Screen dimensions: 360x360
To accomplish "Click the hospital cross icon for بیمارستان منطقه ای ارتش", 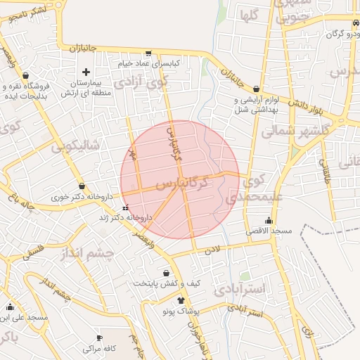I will (86, 72).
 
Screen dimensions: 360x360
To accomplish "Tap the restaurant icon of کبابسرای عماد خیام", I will (148, 53).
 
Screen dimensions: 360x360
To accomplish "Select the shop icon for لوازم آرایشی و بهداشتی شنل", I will (255, 89).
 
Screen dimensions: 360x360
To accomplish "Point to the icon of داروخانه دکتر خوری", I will (82, 186).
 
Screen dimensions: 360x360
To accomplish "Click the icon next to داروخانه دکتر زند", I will (125, 208).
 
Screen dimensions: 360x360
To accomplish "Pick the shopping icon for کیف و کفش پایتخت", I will (166, 273).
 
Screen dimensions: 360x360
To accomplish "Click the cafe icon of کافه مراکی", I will (98, 337).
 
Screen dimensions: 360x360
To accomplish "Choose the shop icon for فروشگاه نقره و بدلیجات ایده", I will (26, 75).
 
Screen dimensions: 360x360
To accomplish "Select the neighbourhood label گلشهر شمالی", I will (288, 130).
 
